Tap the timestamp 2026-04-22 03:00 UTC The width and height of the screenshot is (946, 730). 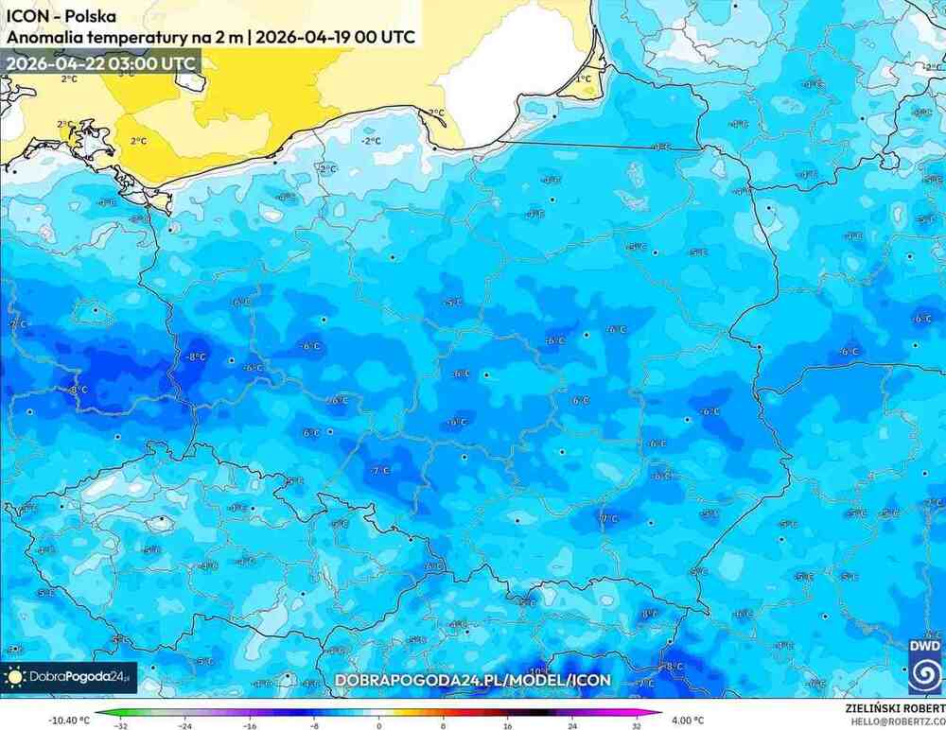(100, 63)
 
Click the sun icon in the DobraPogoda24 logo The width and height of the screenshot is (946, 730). (15, 677)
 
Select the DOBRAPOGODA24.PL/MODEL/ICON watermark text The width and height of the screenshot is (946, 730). (473, 680)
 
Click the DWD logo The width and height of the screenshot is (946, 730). (924, 666)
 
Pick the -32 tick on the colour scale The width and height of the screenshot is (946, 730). (121, 727)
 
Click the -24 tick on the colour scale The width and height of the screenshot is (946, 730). (185, 727)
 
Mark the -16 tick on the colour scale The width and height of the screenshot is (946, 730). (250, 727)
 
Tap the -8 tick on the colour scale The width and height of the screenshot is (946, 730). (315, 727)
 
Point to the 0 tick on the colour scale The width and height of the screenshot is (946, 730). (379, 727)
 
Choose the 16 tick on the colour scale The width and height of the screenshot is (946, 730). (508, 727)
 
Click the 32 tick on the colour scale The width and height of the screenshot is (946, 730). (637, 727)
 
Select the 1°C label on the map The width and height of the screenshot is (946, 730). (585, 78)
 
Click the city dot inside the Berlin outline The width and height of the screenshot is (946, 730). (96, 308)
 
